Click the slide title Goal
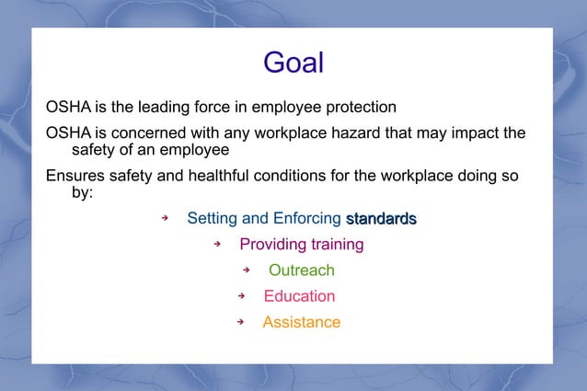[293, 63]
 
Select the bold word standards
[381, 219]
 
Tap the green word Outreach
[301, 270]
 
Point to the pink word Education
[299, 296]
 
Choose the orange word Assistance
[301, 323]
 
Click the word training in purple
[334, 245]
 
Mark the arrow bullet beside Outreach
[247, 270]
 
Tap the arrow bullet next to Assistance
[240, 322]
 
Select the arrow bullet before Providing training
[218, 244]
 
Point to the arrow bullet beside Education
[241, 296]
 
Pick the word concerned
[141, 133]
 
